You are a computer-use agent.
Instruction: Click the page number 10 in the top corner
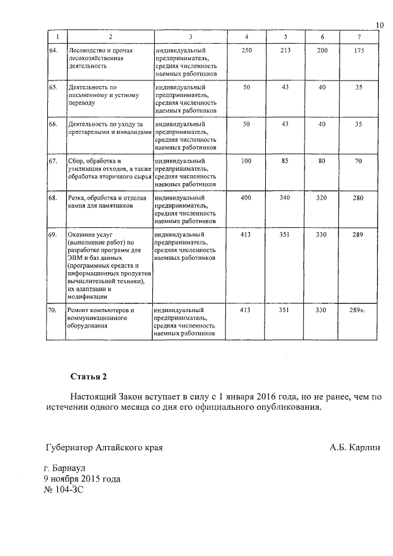(x=379, y=25)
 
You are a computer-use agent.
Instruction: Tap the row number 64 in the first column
(x=53, y=50)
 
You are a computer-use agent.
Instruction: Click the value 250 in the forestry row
(x=247, y=50)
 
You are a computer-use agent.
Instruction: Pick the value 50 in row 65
(x=247, y=88)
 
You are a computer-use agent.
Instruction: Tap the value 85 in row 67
(x=284, y=161)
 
